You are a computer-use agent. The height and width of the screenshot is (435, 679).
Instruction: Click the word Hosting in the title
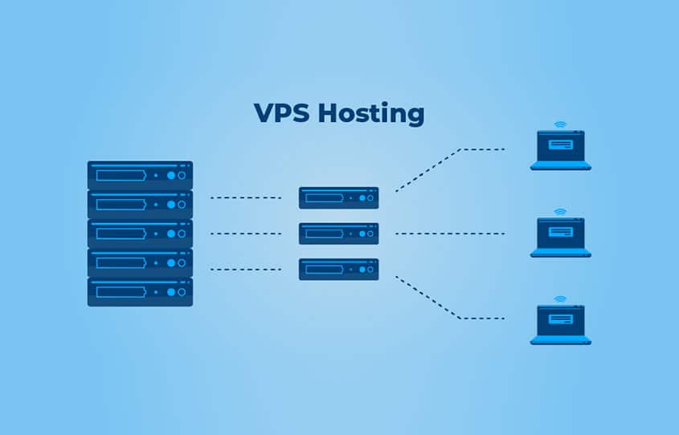click(x=370, y=114)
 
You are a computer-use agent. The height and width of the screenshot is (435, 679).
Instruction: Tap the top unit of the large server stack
click(x=140, y=175)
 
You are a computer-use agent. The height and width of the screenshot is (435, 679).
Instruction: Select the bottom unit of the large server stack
click(x=140, y=291)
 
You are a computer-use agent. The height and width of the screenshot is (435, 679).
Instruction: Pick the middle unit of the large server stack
click(x=140, y=234)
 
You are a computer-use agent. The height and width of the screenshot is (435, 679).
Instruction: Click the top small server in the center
click(x=338, y=197)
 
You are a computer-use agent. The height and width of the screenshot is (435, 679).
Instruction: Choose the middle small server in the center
click(x=338, y=234)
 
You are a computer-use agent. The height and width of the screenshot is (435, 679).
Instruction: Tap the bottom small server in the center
click(x=338, y=269)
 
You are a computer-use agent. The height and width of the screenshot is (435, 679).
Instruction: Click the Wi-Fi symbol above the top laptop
click(x=560, y=125)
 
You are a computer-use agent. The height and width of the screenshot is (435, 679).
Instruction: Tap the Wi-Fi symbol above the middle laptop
click(x=560, y=212)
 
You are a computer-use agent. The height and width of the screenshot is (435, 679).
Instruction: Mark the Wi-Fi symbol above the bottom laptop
click(x=560, y=299)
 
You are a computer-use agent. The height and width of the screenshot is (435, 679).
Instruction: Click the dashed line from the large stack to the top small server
click(x=245, y=197)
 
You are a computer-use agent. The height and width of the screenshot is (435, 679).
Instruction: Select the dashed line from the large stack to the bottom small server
click(x=245, y=269)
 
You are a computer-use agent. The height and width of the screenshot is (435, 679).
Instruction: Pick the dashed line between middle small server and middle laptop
click(x=450, y=234)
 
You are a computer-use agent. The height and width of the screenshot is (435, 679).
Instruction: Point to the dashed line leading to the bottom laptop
click(x=450, y=310)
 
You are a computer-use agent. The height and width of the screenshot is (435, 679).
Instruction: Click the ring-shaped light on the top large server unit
click(x=182, y=175)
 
